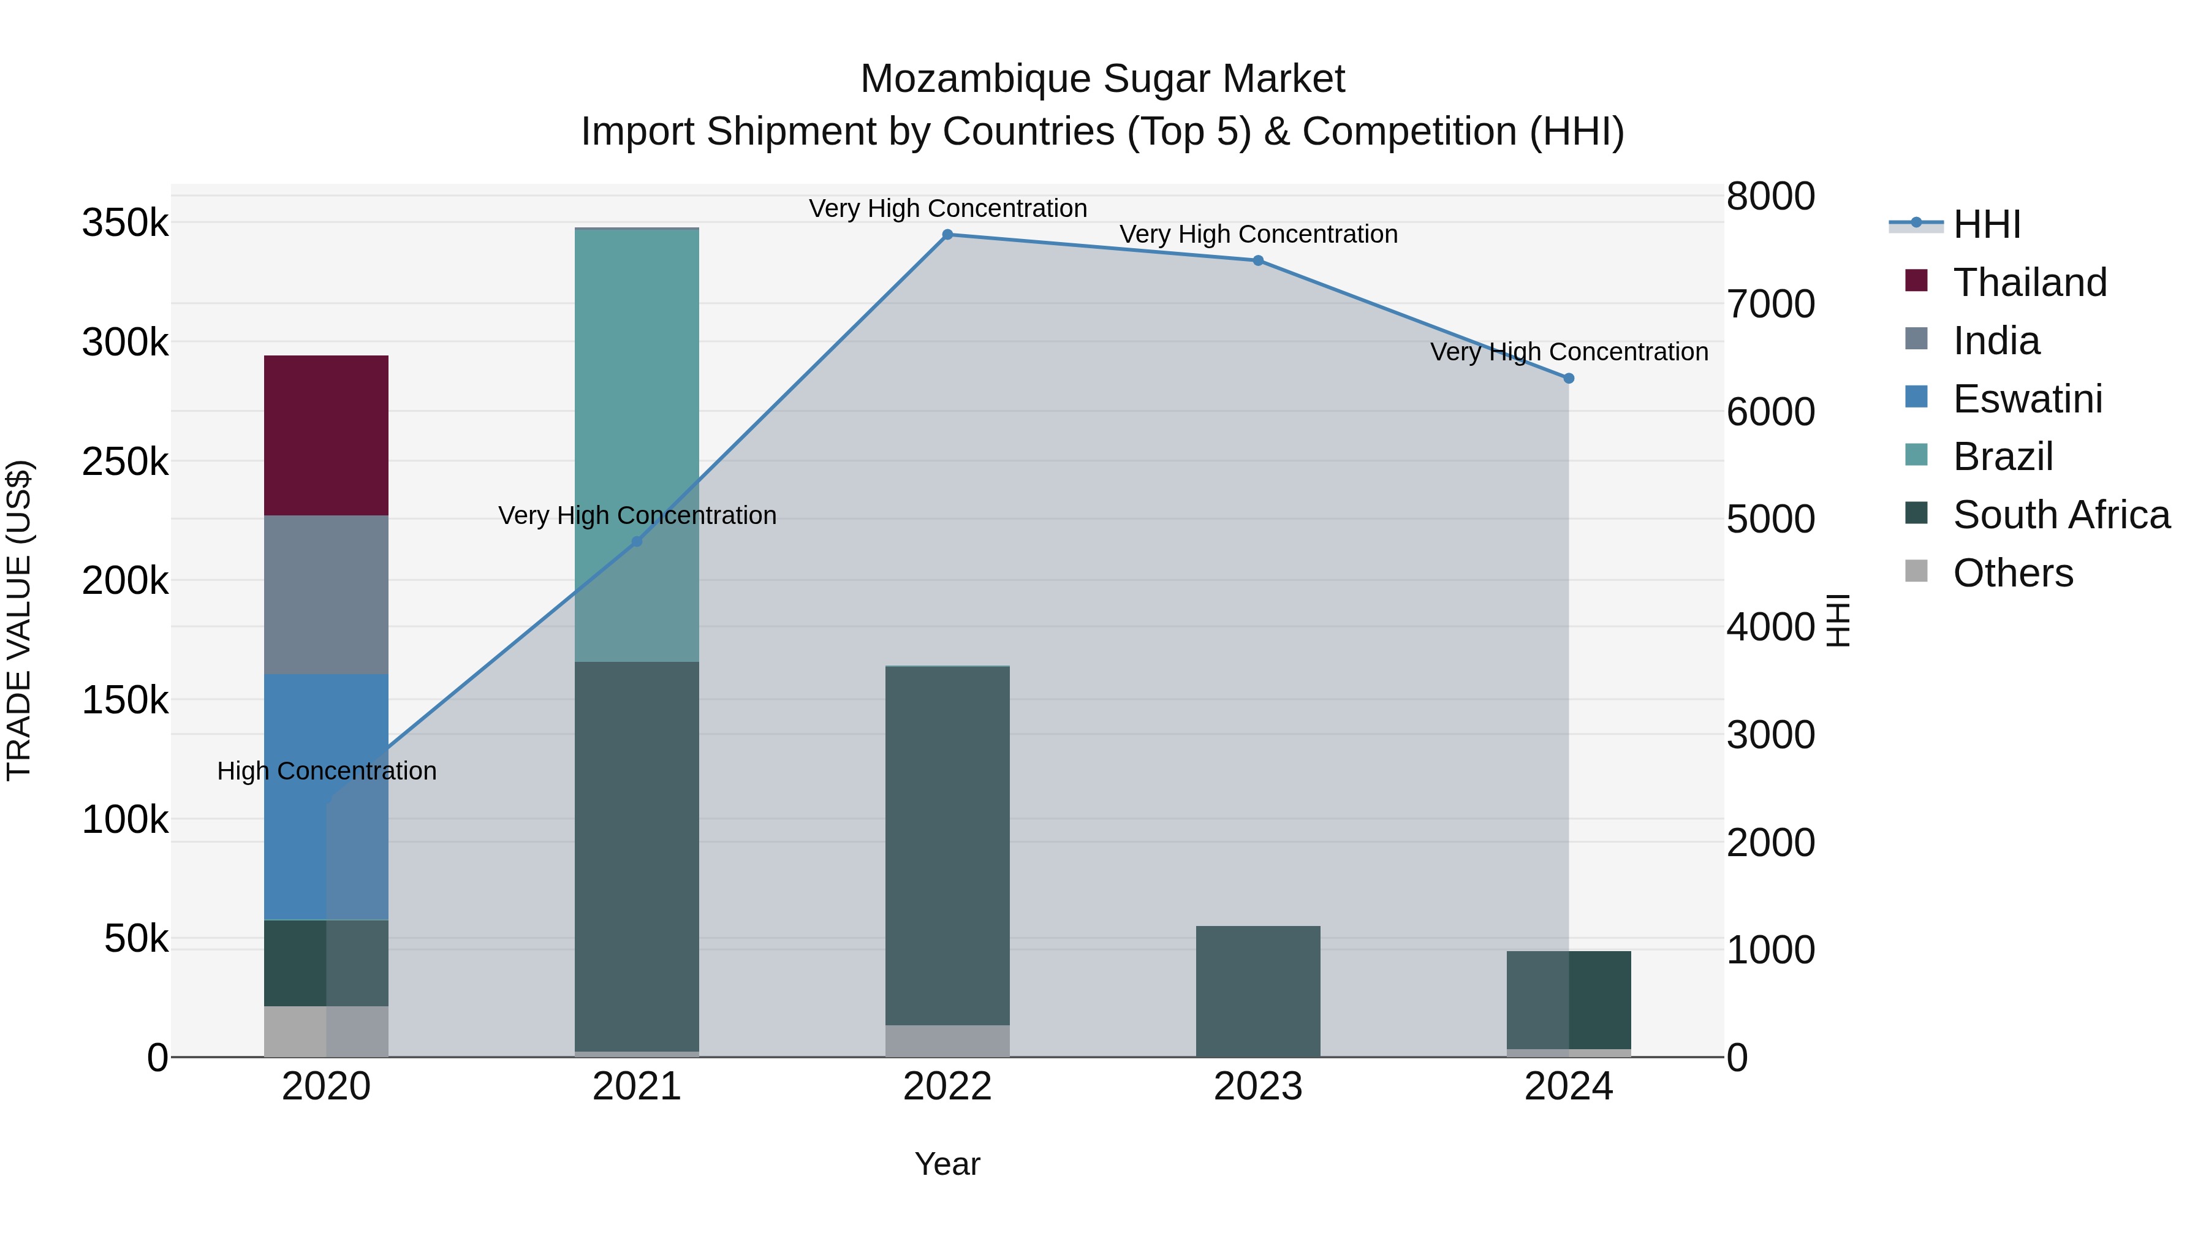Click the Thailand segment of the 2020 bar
325,435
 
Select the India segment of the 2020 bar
325,594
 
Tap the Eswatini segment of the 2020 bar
325,797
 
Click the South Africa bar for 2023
1257,991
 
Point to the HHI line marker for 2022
947,235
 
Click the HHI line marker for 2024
1569,378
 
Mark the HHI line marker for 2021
636,541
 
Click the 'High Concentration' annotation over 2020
326,771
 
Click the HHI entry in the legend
1986,224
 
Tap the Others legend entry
2012,573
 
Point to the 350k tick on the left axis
125,224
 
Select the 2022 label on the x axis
947,1087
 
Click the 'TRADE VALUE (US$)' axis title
19,620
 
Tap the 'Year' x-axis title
947,1164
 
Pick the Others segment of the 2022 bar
947,1041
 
